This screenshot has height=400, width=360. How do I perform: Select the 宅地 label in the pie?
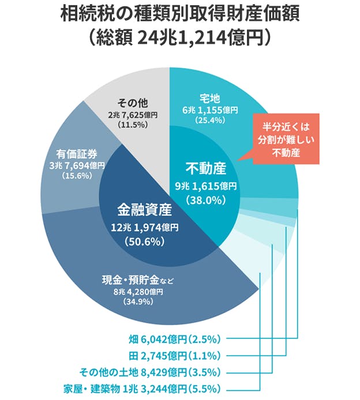(x=209, y=97)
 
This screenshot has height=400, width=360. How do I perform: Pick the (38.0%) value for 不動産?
(x=205, y=199)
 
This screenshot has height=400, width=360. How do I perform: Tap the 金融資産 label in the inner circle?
(x=144, y=209)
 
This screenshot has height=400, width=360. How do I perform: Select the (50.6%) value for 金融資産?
(x=144, y=241)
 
